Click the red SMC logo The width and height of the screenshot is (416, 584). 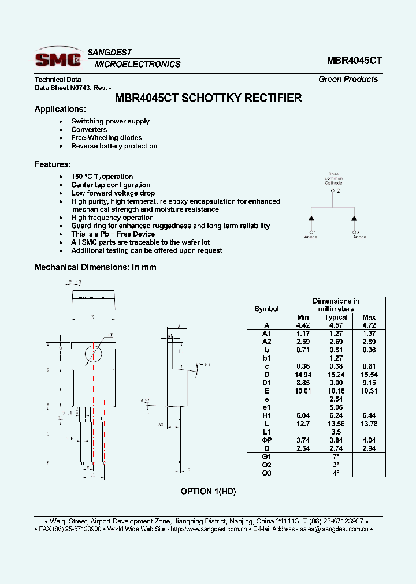[58, 59]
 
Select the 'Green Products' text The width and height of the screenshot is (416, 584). [348, 79]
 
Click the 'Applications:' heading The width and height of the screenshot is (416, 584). [60, 109]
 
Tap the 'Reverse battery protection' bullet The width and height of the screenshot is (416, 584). [114, 146]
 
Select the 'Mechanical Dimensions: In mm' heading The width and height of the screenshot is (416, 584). [95, 267]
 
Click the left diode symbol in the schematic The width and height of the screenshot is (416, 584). [311, 218]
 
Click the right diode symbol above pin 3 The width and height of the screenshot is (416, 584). [354, 218]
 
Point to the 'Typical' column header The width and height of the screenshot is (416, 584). [336, 317]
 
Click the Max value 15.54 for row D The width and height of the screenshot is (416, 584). [369, 374]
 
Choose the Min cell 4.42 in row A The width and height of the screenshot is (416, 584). [303, 325]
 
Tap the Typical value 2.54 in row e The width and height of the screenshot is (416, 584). [336, 399]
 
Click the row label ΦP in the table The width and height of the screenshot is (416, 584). [266, 440]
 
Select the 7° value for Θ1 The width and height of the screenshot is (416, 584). [336, 456]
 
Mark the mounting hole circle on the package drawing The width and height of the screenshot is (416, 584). [94, 353]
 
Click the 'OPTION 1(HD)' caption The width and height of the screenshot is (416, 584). [208, 491]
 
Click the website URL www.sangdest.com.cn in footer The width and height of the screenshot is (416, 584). [220, 529]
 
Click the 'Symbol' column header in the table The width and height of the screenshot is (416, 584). [266, 309]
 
